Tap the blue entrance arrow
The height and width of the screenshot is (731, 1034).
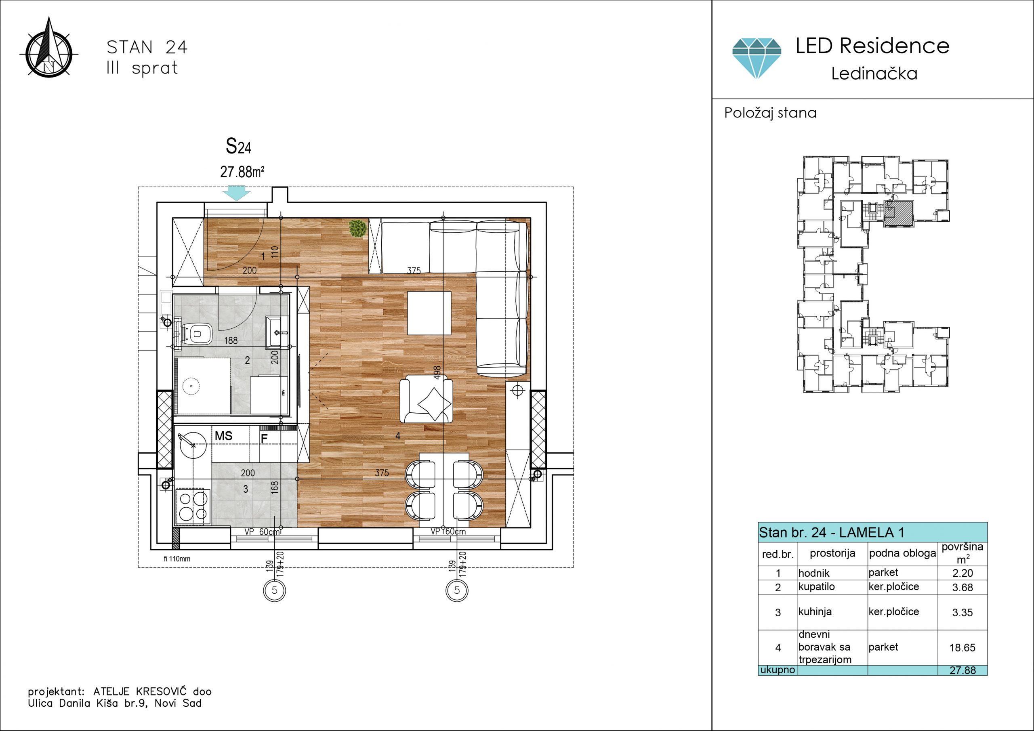(236, 193)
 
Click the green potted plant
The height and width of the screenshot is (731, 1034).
(357, 227)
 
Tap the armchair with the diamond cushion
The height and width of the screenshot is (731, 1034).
(427, 399)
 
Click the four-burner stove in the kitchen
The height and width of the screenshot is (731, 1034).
(193, 507)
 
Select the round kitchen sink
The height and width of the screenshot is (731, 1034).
(193, 445)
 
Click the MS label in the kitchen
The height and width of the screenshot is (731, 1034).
(223, 436)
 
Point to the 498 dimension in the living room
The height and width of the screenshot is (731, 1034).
(437, 372)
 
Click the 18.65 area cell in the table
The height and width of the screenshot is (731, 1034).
(963, 648)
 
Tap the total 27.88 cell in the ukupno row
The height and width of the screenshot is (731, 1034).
(963, 670)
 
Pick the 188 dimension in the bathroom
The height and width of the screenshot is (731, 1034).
(231, 340)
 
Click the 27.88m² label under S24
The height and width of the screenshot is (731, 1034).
(242, 172)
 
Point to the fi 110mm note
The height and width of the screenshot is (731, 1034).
(177, 559)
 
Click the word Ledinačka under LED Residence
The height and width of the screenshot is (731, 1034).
(874, 74)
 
